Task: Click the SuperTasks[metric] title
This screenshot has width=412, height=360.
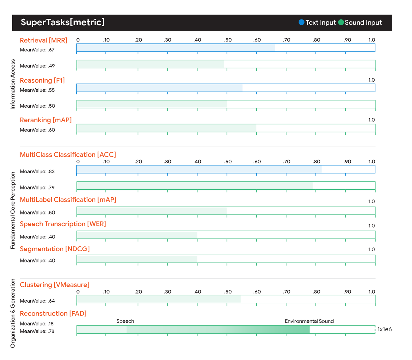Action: click(x=63, y=22)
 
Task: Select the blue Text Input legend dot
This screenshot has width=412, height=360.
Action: click(x=301, y=22)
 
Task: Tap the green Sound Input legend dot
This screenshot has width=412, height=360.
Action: click(x=341, y=22)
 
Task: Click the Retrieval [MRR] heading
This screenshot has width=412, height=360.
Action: click(x=44, y=40)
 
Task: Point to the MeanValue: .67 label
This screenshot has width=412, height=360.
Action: click(x=37, y=50)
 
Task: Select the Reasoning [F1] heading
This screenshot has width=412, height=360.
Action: click(x=42, y=80)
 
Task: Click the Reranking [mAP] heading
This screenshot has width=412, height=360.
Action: click(x=46, y=120)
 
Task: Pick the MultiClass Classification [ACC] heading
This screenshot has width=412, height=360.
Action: click(x=68, y=154)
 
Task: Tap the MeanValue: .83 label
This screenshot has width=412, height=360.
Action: click(x=37, y=171)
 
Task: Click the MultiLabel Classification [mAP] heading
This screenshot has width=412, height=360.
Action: click(x=68, y=200)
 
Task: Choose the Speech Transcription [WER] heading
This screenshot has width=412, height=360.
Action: click(x=63, y=224)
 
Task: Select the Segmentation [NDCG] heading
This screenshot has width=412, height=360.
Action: click(x=55, y=249)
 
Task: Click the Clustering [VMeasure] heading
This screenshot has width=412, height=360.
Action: click(x=55, y=285)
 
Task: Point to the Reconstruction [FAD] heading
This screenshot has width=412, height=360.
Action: click(x=53, y=313)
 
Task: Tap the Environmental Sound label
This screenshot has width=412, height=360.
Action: click(x=309, y=321)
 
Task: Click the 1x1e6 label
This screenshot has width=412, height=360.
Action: click(x=384, y=329)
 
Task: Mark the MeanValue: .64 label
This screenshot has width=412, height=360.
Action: click(x=37, y=301)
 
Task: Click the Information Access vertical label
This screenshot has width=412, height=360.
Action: click(x=13, y=84)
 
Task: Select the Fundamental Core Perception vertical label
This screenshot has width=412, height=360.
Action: click(x=13, y=210)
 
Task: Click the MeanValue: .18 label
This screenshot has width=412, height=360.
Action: click(x=37, y=323)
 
